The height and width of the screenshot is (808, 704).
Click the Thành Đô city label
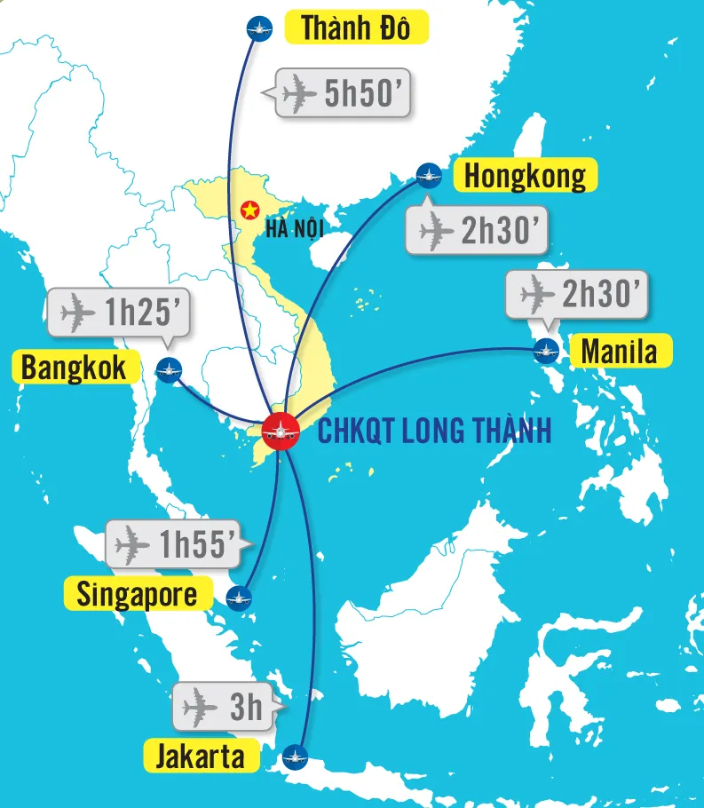(356, 28)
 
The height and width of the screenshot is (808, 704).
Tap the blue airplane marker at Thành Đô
(257, 28)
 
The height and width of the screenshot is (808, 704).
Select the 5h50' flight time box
(344, 92)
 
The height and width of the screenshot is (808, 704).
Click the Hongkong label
(526, 175)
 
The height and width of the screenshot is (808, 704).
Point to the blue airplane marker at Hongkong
(429, 176)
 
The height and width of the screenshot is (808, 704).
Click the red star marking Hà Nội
(249, 211)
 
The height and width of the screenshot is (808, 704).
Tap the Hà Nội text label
(293, 229)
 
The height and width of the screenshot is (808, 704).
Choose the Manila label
(620, 352)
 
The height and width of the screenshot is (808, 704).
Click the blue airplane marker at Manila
(547, 352)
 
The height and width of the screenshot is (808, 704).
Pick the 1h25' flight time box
(118, 312)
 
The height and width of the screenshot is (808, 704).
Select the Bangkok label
(75, 367)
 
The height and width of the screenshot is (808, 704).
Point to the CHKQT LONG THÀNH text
(435, 432)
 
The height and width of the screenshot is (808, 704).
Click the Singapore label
(138, 593)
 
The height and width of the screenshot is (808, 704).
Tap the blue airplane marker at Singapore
(238, 598)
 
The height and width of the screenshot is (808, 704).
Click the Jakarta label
(200, 757)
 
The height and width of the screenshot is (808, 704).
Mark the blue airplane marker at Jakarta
(294, 757)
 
